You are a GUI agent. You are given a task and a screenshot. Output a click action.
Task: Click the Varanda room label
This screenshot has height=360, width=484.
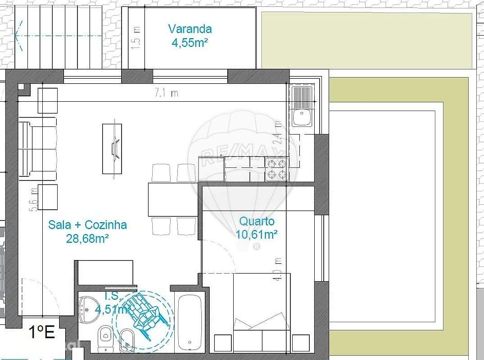190,29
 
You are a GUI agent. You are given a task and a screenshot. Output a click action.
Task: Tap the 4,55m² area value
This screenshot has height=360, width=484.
190,43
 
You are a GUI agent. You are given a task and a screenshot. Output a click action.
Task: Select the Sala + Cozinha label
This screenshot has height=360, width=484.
87,225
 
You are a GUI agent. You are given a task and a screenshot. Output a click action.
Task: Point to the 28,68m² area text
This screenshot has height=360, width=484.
87,238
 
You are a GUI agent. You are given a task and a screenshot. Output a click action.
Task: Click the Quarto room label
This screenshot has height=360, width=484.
257,221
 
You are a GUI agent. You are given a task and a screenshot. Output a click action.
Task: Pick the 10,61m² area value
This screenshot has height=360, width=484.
256,234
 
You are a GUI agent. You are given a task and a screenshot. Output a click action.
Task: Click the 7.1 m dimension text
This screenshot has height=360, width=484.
167,94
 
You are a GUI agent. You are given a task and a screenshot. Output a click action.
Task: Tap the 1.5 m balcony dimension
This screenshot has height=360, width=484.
137,36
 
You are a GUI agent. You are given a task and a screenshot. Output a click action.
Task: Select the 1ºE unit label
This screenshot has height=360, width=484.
41,333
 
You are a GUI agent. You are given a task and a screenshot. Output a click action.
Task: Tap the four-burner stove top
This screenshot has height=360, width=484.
276,170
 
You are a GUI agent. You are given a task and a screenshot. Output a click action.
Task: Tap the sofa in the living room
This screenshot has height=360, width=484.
38,148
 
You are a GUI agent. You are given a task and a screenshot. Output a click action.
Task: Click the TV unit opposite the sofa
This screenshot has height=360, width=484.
112,148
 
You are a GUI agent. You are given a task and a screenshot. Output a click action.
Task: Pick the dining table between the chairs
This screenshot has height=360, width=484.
173,199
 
